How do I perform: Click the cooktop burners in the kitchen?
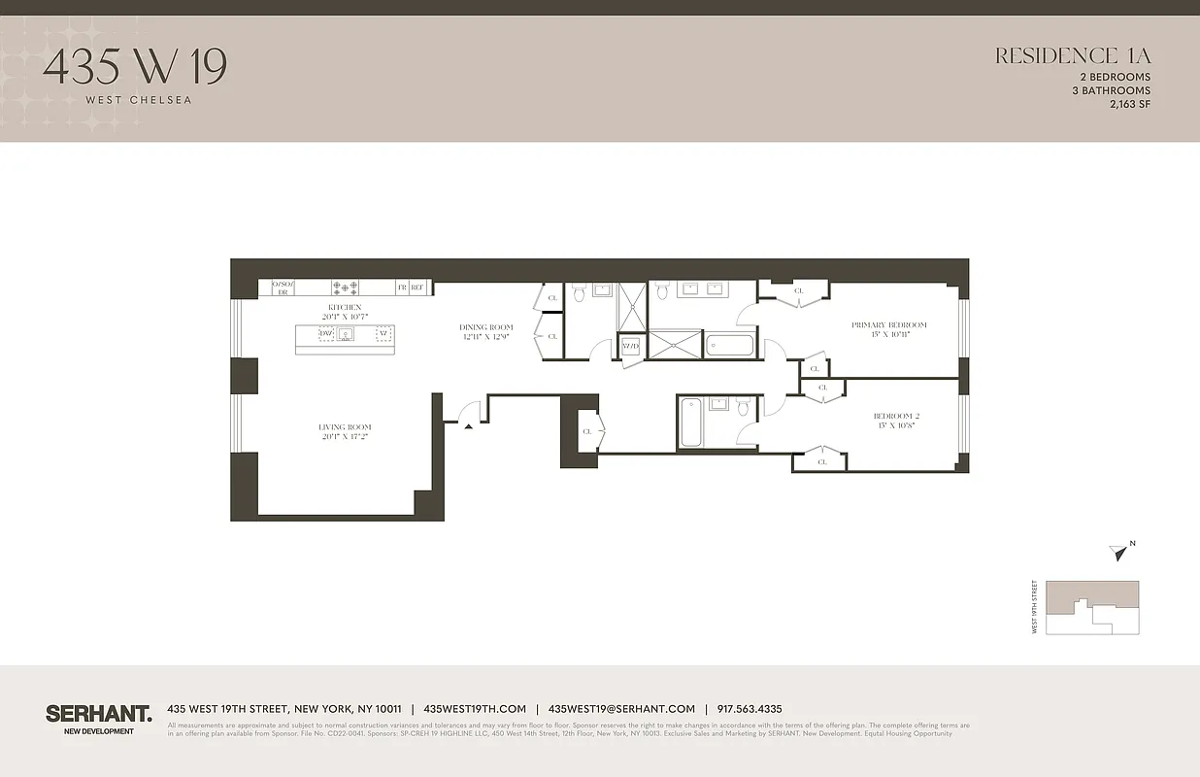point(345,287)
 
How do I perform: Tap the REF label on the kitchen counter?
point(417,287)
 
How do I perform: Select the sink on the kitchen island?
point(344,333)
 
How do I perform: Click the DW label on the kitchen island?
point(324,333)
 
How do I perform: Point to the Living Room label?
point(345,427)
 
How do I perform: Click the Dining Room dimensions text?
point(485,336)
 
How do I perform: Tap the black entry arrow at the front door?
point(468,424)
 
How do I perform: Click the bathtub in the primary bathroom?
point(729,346)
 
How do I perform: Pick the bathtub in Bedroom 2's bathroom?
point(690,422)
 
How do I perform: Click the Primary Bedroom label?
point(888,325)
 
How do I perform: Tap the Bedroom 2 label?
point(896,416)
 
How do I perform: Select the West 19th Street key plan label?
point(1035,607)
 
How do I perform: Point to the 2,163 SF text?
point(1129,104)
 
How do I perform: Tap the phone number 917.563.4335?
point(749,709)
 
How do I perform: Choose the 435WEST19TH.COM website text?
point(475,709)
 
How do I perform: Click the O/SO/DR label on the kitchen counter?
point(283,287)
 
